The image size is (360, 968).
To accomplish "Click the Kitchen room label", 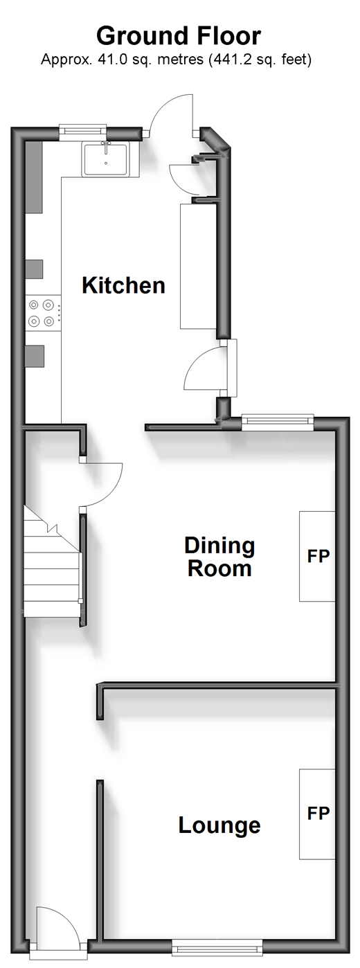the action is coord(124,286).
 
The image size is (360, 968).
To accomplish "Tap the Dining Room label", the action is coord(219,557).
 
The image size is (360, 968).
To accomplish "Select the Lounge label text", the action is coord(219,826).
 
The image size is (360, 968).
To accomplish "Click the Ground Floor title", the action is coord(179,35).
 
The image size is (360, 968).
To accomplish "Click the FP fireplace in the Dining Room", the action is coord(317,556).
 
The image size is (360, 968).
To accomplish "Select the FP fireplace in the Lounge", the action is coord(317,814).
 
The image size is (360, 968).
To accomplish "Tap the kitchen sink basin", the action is coord(106,160).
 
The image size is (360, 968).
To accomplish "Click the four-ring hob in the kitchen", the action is coord(42,313).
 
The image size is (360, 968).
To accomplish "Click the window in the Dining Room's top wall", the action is coord(278,422).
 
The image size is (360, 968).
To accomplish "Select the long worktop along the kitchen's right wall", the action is coord(198,267).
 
